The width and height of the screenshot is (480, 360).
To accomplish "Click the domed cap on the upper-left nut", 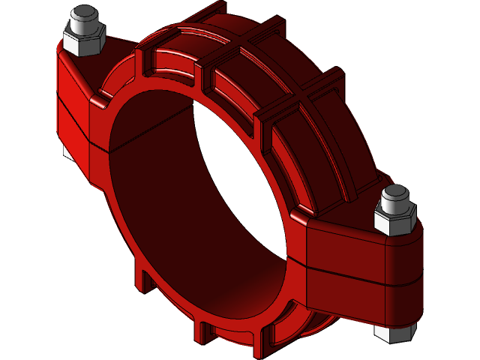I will coord(82,16).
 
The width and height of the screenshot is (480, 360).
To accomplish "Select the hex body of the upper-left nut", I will coord(82,41).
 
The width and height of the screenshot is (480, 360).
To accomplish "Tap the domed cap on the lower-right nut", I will coord(397,198).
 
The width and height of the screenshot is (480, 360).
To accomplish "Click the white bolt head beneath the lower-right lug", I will coord(391,334).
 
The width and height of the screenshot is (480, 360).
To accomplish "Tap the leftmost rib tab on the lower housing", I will coord(139,277).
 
